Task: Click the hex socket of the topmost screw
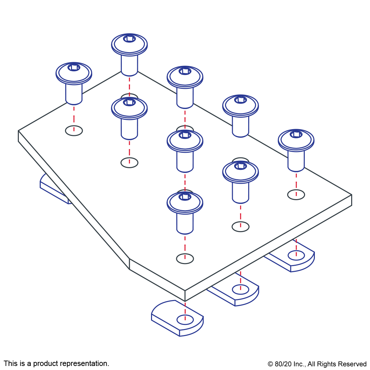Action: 129,39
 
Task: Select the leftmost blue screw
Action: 74,82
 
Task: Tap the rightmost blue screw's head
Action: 296,140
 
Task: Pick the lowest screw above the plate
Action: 185,212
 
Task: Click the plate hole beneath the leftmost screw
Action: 74,131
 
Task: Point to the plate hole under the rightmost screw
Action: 296,194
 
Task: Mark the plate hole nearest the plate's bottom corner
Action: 185,259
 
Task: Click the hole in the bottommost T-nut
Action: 185,320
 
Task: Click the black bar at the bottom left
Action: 56,364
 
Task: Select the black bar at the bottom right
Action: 317,365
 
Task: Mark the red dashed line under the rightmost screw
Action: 296,182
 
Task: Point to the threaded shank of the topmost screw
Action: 129,66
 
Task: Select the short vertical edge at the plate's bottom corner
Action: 185,296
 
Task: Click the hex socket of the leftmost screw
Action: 74,68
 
